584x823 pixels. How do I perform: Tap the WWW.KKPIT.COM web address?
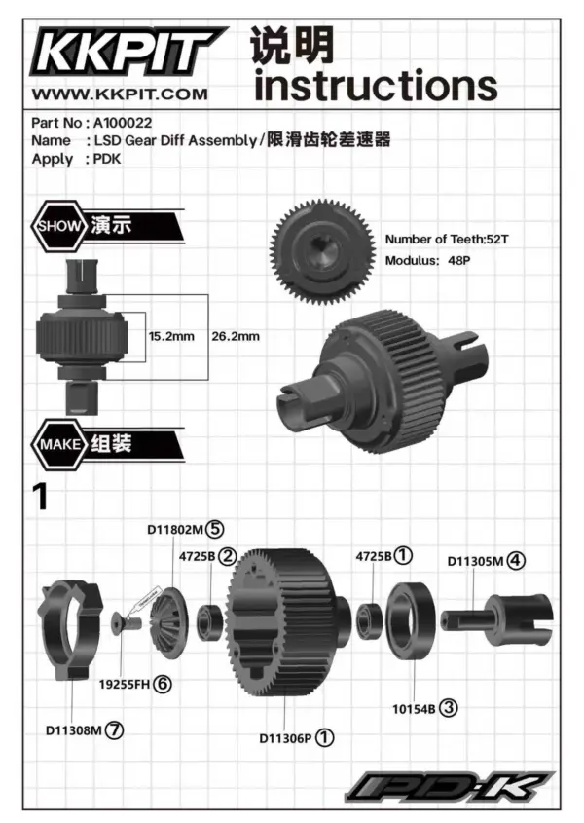pyautogui.click(x=121, y=94)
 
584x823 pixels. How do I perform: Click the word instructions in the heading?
pyautogui.click(x=375, y=86)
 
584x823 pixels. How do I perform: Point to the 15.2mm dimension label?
pyautogui.click(x=170, y=336)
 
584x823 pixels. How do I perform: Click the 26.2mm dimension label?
pyautogui.click(x=235, y=336)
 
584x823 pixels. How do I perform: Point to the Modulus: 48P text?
pyautogui.click(x=427, y=261)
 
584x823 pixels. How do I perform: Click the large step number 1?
pyautogui.click(x=40, y=498)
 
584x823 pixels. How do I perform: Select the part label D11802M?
pyautogui.click(x=176, y=531)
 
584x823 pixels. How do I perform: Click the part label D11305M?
pyautogui.click(x=476, y=561)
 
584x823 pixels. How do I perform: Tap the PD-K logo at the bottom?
pyautogui.click(x=448, y=786)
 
